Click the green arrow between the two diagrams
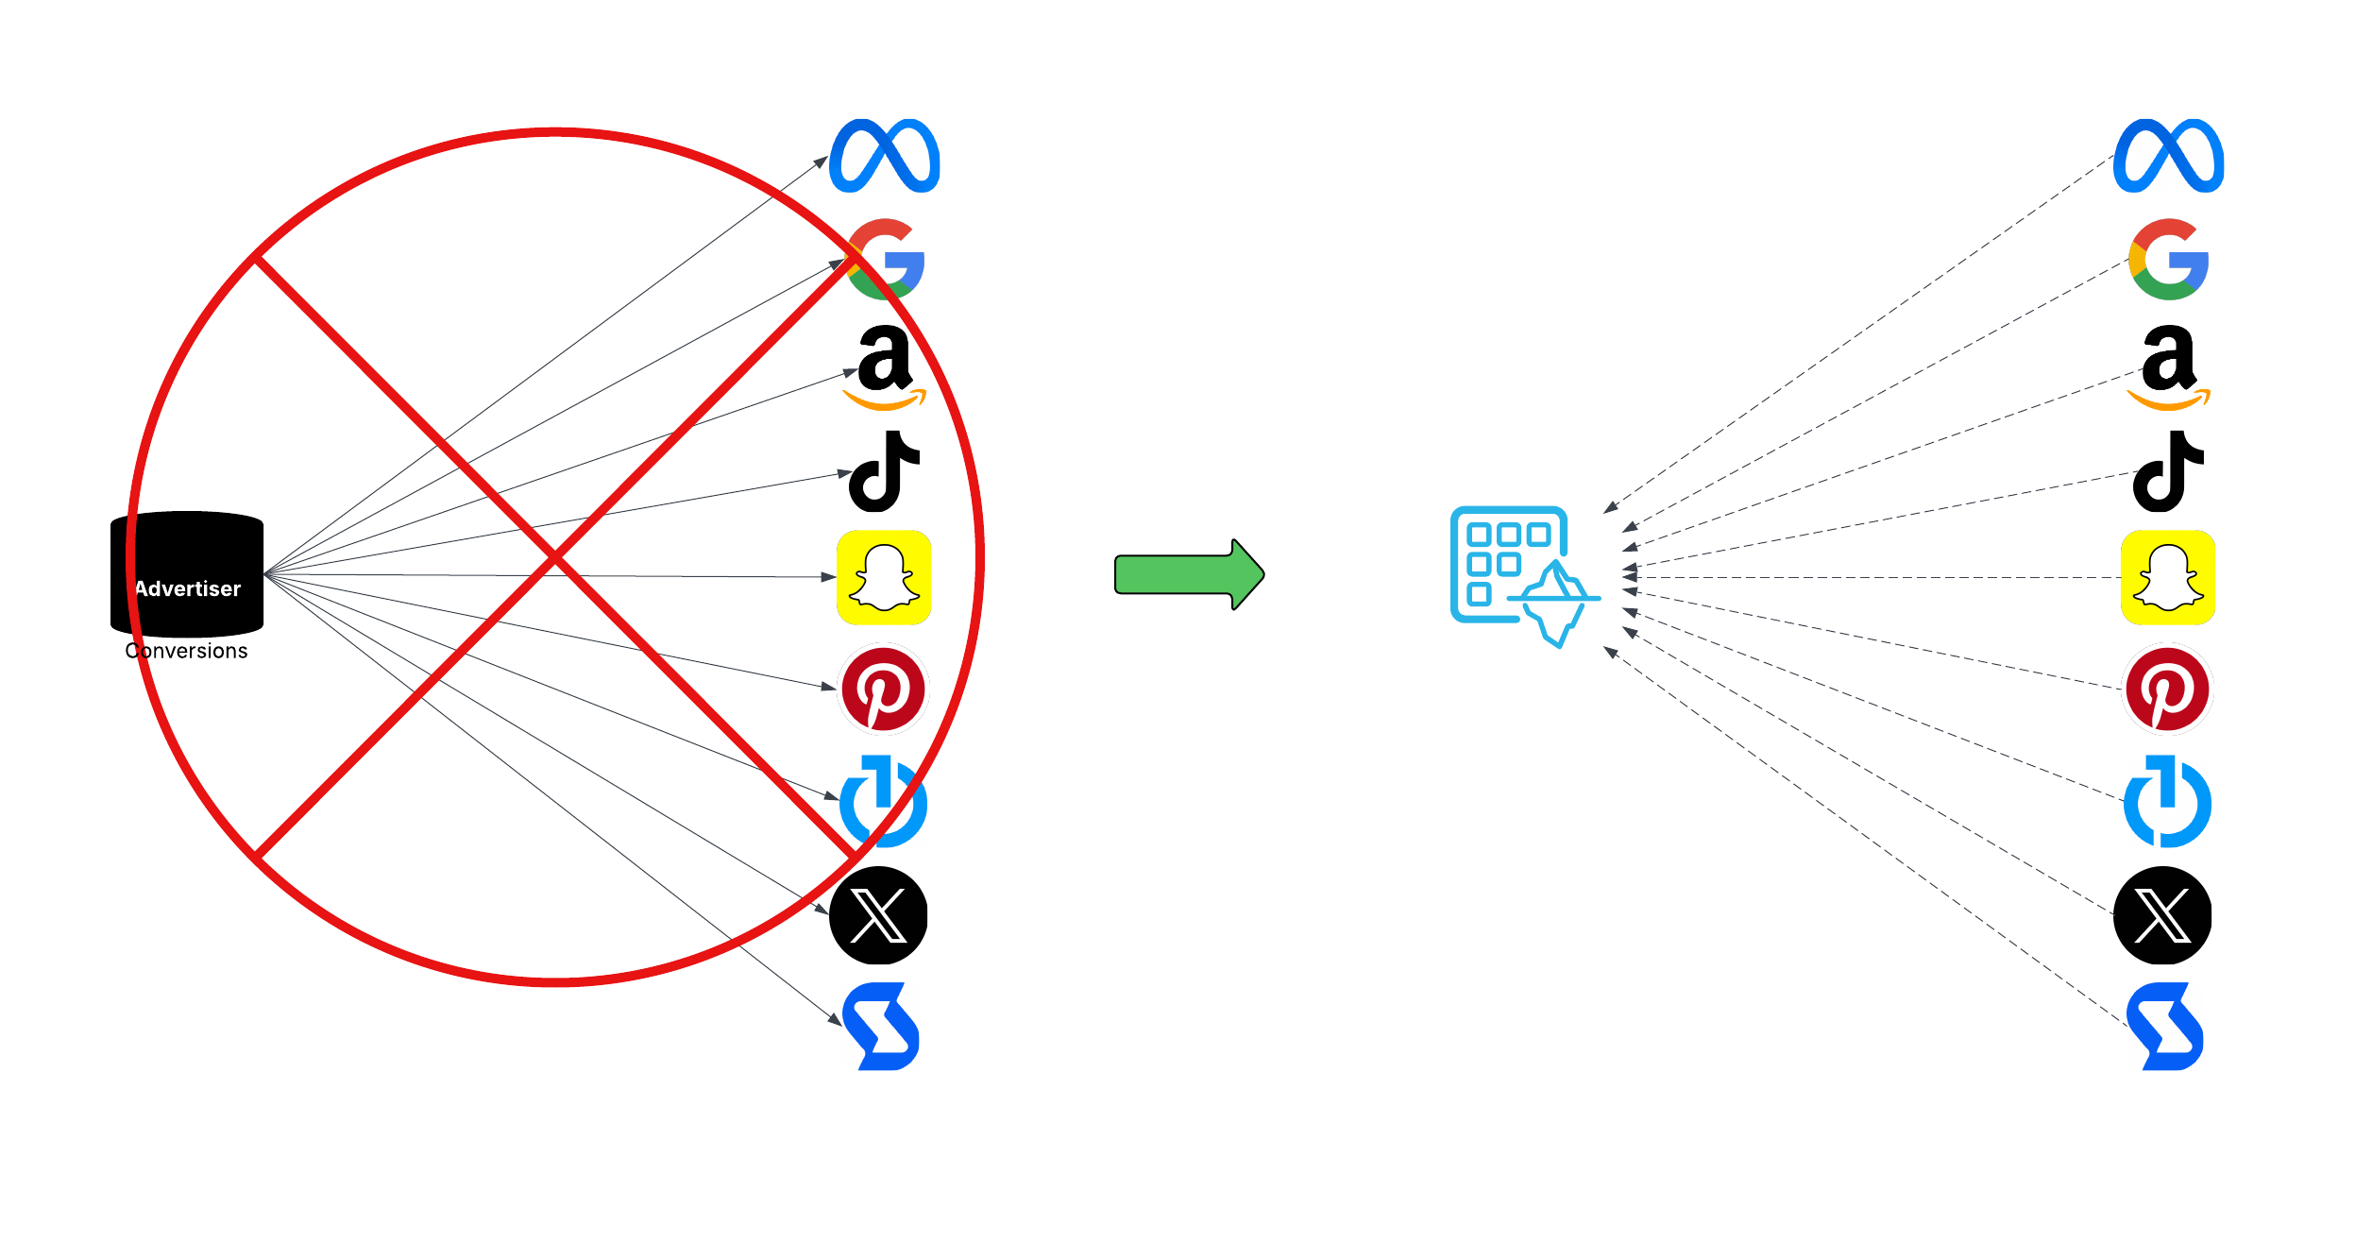tap(1188, 574)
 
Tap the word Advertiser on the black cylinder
tap(188, 588)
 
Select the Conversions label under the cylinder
tap(186, 651)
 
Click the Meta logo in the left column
tap(884, 156)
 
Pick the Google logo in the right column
tap(2168, 260)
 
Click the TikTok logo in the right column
tap(2168, 471)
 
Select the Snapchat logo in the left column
tap(884, 577)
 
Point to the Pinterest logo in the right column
tap(2168, 689)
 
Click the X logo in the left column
tap(878, 914)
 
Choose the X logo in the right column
tap(2162, 914)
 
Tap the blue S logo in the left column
tap(882, 1027)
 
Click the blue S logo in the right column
tap(2165, 1027)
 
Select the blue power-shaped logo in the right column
tap(2167, 802)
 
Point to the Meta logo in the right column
tap(2168, 156)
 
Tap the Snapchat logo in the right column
tap(2168, 577)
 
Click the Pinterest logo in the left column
tap(884, 689)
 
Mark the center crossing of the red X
tap(555, 558)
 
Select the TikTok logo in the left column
tap(884, 471)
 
